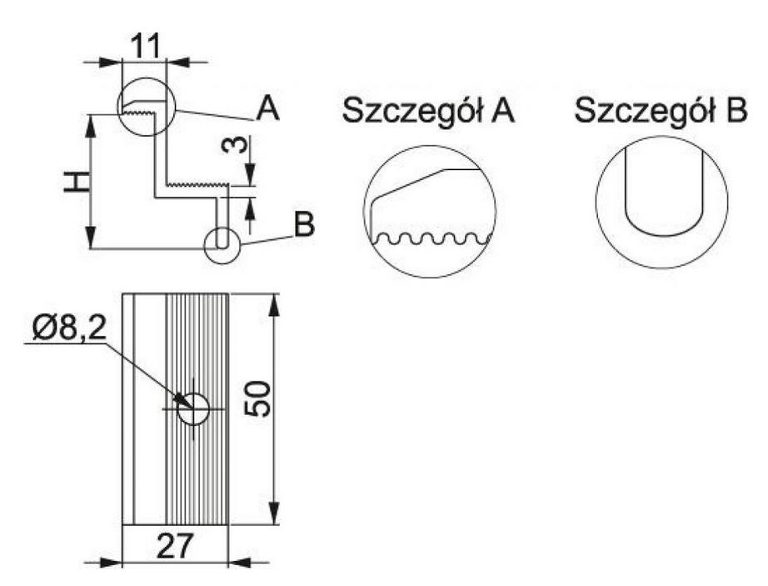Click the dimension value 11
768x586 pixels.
[146, 47]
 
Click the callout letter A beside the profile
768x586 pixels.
[268, 108]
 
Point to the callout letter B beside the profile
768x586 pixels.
[304, 224]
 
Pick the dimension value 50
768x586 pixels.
[257, 398]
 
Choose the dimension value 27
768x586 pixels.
[175, 545]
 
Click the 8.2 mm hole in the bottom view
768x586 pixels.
[193, 408]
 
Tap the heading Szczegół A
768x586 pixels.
[429, 111]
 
